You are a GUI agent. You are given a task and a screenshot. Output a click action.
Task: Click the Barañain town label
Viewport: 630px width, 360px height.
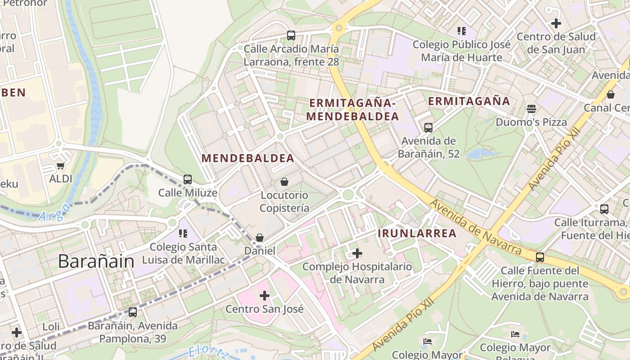96,261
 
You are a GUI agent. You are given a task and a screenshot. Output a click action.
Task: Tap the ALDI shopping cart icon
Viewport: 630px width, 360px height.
61,166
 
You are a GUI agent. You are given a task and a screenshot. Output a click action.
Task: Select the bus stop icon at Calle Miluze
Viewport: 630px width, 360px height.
188,180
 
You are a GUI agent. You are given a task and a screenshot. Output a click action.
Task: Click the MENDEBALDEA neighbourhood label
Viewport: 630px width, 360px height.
248,158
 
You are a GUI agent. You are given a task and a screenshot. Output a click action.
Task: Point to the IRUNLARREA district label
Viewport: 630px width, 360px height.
417,234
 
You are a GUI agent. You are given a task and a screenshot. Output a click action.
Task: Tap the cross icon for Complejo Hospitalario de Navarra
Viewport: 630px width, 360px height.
357,253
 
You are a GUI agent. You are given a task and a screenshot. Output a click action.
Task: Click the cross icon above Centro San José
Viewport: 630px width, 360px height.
265,296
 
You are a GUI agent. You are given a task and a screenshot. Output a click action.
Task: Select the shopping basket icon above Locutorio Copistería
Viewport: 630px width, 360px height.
284,182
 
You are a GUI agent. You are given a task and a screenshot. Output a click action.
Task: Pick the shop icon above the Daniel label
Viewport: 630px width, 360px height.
260,238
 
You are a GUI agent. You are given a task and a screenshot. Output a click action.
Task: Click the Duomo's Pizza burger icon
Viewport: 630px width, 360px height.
531,109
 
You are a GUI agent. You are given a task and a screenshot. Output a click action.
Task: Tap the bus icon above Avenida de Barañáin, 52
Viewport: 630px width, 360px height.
428,128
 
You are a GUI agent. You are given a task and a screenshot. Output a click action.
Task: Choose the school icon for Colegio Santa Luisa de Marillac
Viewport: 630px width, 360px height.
183,233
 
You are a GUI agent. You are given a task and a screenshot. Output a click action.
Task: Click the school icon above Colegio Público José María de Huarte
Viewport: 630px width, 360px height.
461,31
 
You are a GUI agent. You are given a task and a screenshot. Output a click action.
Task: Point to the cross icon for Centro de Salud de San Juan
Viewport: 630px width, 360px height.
556,23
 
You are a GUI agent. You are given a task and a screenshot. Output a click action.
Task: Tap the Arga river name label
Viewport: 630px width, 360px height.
54,213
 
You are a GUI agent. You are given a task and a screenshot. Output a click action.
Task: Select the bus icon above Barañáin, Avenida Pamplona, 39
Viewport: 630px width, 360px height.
133,312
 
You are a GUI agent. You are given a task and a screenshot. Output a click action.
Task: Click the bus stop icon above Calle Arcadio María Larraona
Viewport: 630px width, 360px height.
291,36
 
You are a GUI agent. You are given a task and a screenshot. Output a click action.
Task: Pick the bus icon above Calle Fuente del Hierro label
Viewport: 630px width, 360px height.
540,257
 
